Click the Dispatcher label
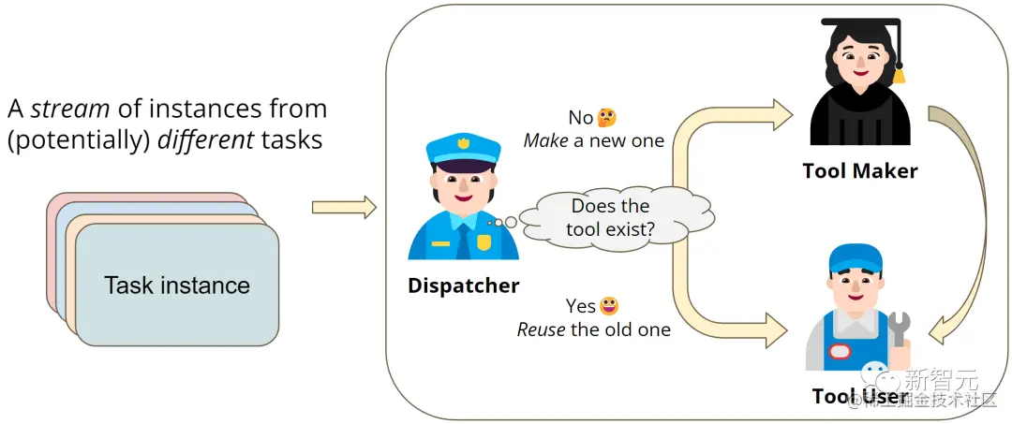pyautogui.click(x=463, y=285)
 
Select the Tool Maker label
pyautogui.click(x=859, y=170)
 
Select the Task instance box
pyautogui.click(x=177, y=285)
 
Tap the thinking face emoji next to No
pyautogui.click(x=607, y=118)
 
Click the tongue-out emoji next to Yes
pyautogui.click(x=609, y=306)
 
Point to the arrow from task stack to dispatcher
pyautogui.click(x=343, y=207)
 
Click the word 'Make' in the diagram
pyautogui.click(x=546, y=141)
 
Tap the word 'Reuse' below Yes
pyautogui.click(x=542, y=329)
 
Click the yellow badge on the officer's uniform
pyautogui.click(x=484, y=242)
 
